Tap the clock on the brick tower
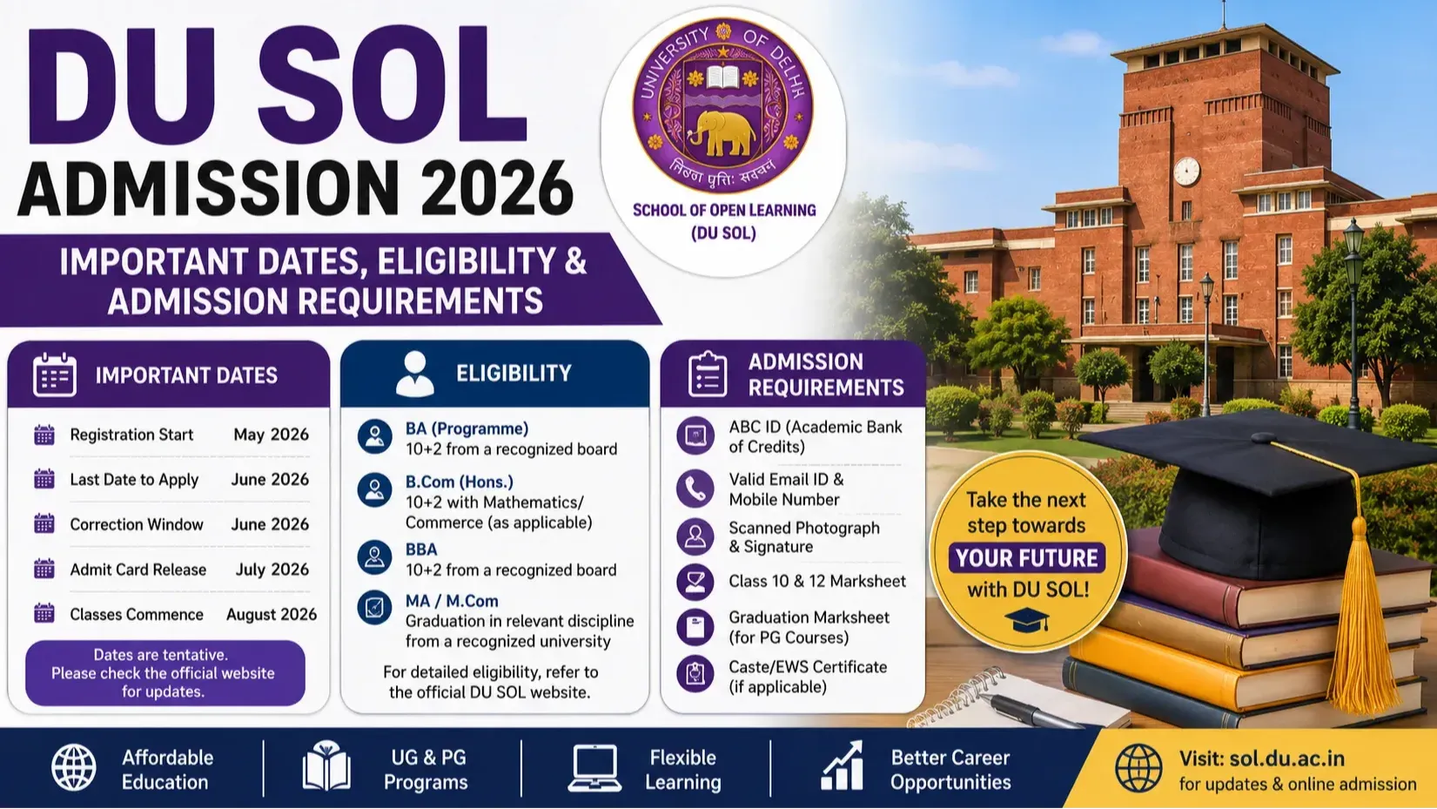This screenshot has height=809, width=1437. click(x=1186, y=172)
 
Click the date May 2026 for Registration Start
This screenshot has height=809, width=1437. click(x=271, y=435)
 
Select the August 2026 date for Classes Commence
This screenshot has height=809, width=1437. click(x=272, y=615)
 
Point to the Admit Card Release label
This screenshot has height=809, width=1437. click(x=138, y=570)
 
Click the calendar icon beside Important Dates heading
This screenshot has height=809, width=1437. click(x=55, y=374)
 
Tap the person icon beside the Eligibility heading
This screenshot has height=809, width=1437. click(x=415, y=373)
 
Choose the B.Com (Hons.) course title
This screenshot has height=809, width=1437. click(x=460, y=482)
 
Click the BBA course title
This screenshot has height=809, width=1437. click(x=421, y=549)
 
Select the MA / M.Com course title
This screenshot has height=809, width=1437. click(x=452, y=601)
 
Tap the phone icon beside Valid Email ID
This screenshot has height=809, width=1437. click(x=695, y=489)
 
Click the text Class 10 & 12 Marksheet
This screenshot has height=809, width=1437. click(x=817, y=581)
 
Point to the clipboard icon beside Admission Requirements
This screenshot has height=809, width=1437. click(x=707, y=374)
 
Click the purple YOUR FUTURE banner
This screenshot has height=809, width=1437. click(x=1027, y=558)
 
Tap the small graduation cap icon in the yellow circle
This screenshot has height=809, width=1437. click(x=1026, y=620)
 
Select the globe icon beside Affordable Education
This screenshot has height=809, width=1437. click(x=74, y=768)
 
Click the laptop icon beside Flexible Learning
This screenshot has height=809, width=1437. click(x=594, y=768)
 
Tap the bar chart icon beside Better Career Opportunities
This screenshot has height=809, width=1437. click(x=842, y=766)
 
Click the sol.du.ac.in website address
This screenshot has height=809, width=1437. click(x=1287, y=758)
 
